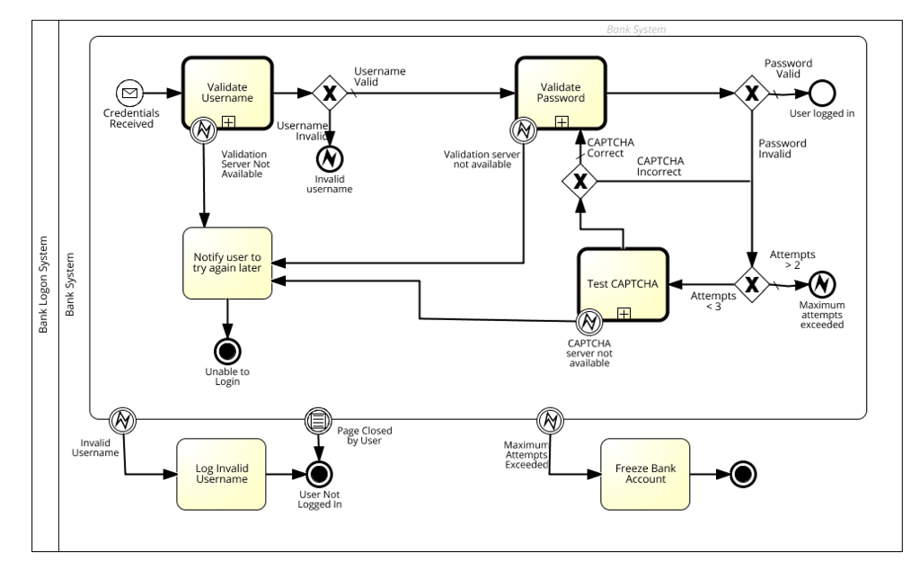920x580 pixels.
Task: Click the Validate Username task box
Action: [226, 93]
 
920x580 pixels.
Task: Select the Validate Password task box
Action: [561, 93]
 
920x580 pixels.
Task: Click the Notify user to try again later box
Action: [226, 263]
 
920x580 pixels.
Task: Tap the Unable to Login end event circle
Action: [227, 350]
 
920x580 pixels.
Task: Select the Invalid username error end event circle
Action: [331, 158]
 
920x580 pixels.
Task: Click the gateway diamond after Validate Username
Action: [330, 92]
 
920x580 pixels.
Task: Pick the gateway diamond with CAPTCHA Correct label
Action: [580, 182]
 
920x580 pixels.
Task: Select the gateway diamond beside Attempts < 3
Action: [751, 284]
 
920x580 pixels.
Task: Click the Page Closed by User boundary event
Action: [316, 419]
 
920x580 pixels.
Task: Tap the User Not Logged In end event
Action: [316, 472]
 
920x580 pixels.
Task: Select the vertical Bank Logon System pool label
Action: [44, 284]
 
